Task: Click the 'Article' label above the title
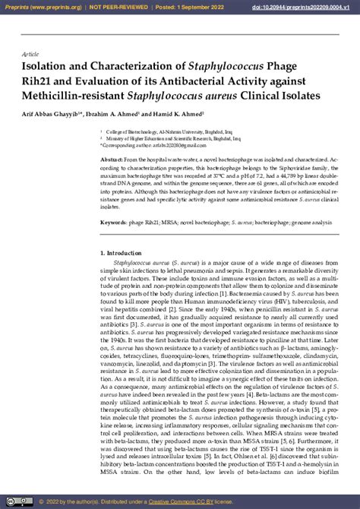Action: pos(30,55)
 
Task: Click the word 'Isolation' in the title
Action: pos(47,67)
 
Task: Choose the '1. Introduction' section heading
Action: pos(121,253)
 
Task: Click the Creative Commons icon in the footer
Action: pos(9,502)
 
